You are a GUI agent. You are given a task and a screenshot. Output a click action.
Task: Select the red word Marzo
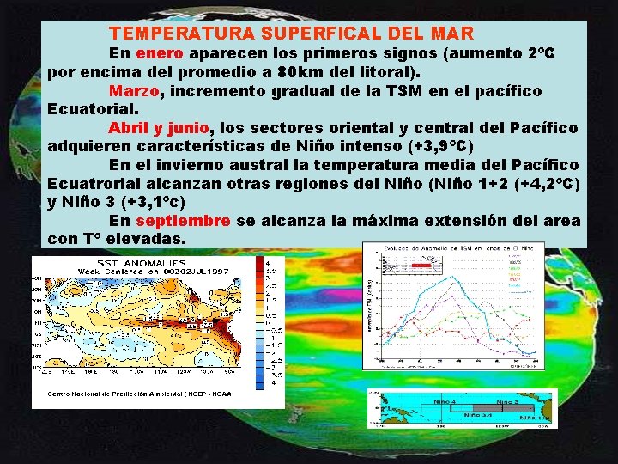tap(134, 90)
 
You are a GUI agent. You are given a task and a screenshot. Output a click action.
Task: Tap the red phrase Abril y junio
tap(160, 128)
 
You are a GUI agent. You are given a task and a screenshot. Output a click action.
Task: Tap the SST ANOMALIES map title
tap(141, 262)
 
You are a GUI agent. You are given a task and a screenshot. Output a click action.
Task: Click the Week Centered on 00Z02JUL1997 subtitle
tap(141, 271)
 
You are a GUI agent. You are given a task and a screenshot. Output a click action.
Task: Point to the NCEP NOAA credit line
tap(140, 394)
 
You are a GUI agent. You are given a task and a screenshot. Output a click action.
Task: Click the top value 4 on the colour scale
tap(270, 261)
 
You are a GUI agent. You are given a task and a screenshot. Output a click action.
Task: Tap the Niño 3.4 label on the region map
tap(476, 414)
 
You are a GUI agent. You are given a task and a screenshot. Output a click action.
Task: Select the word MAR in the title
tap(451, 34)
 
